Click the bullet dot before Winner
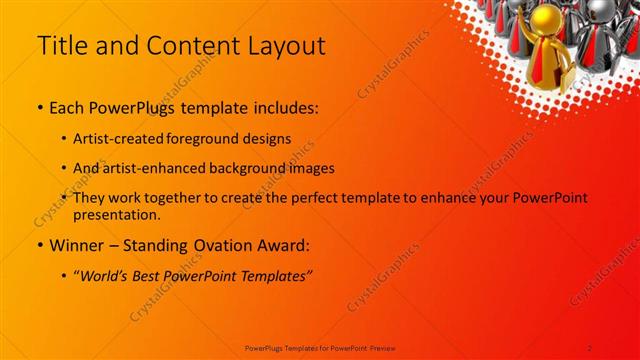coord(39,245)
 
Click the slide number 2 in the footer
coord(590,347)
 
